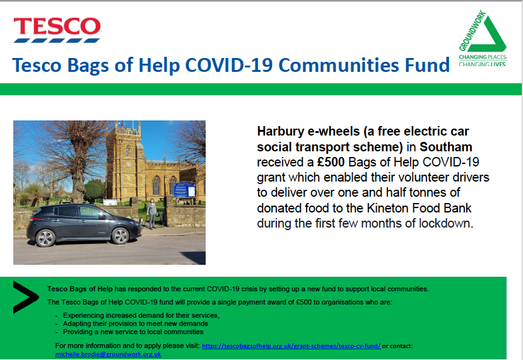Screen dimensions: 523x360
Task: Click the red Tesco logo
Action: pyautogui.click(x=57, y=30)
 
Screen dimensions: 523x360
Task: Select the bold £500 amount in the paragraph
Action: pyautogui.click(x=331, y=162)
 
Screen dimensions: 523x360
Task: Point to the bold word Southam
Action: pyautogui.click(x=446, y=147)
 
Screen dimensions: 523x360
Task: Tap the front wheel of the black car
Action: pyautogui.click(x=120, y=236)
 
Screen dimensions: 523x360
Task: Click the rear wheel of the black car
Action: pyautogui.click(x=45, y=238)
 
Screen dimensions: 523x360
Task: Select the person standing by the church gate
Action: pyautogui.click(x=152, y=214)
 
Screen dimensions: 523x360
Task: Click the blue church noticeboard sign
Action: pyautogui.click(x=184, y=190)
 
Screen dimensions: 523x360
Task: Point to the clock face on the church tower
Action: pyautogui.click(x=129, y=165)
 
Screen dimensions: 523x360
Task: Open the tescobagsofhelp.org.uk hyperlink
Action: pyautogui.click(x=291, y=346)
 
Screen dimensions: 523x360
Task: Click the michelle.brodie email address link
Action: pyautogui.click(x=108, y=354)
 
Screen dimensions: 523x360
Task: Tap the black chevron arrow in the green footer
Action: pyautogui.click(x=25, y=298)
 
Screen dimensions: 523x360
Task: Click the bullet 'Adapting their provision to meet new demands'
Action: pyautogui.click(x=136, y=323)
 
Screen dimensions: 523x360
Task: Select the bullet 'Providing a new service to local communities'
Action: pyautogui.click(x=133, y=332)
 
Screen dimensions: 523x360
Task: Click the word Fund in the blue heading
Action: pyautogui.click(x=427, y=65)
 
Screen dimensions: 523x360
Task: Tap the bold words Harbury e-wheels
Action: pyautogui.click(x=308, y=131)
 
